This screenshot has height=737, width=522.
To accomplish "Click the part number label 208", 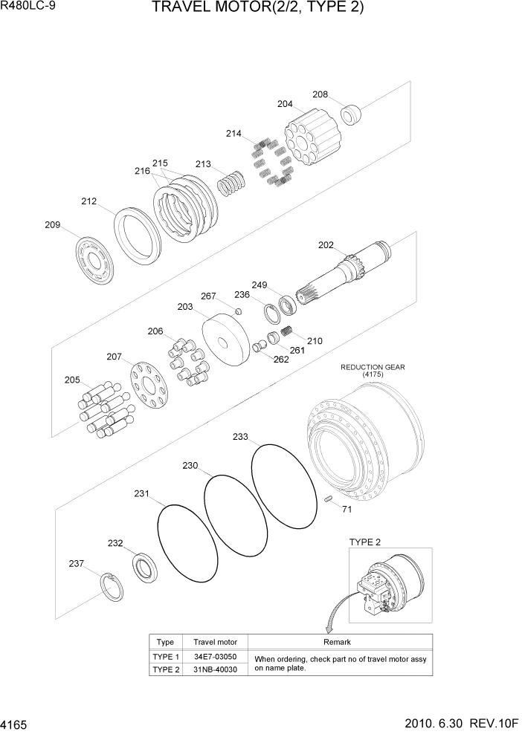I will click(320, 94).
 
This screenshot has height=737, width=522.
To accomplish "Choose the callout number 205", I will click(72, 380).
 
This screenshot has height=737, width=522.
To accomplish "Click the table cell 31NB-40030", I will click(215, 669).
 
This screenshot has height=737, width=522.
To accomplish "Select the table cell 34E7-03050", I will click(215, 657).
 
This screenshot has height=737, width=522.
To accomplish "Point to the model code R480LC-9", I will click(30, 9).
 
